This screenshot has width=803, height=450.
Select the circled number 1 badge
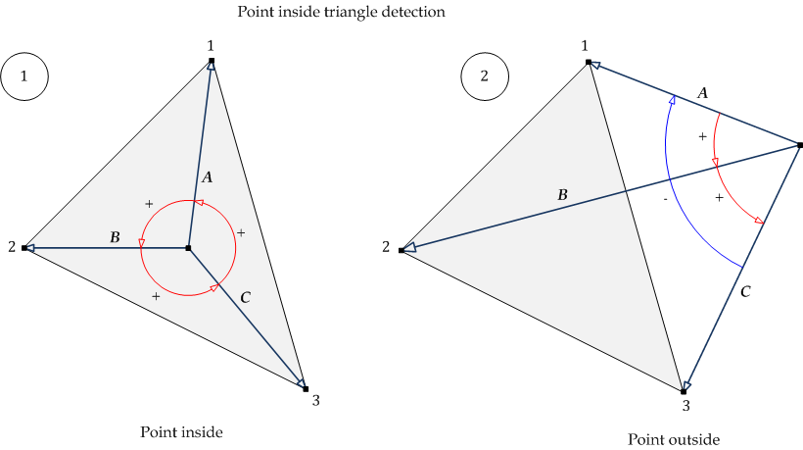(x=25, y=75)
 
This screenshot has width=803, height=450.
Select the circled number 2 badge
(x=485, y=75)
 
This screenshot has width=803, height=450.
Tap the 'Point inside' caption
(x=181, y=431)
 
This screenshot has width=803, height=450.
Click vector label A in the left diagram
(x=206, y=177)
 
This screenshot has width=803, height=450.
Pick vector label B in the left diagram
(x=115, y=237)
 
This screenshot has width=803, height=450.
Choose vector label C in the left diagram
(x=245, y=295)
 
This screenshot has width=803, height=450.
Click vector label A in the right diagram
(x=702, y=92)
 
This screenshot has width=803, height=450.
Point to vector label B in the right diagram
(x=562, y=196)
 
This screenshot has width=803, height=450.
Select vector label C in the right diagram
(x=745, y=291)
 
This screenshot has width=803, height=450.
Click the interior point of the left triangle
(x=188, y=248)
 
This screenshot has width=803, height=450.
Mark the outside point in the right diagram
(x=800, y=145)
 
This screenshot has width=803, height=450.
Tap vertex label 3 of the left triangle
(x=314, y=399)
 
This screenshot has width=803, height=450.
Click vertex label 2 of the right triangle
(x=386, y=247)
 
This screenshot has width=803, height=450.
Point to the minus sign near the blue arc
(x=665, y=200)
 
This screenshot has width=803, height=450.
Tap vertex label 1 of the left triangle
(x=211, y=45)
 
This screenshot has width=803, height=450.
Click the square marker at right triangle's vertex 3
(x=684, y=390)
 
